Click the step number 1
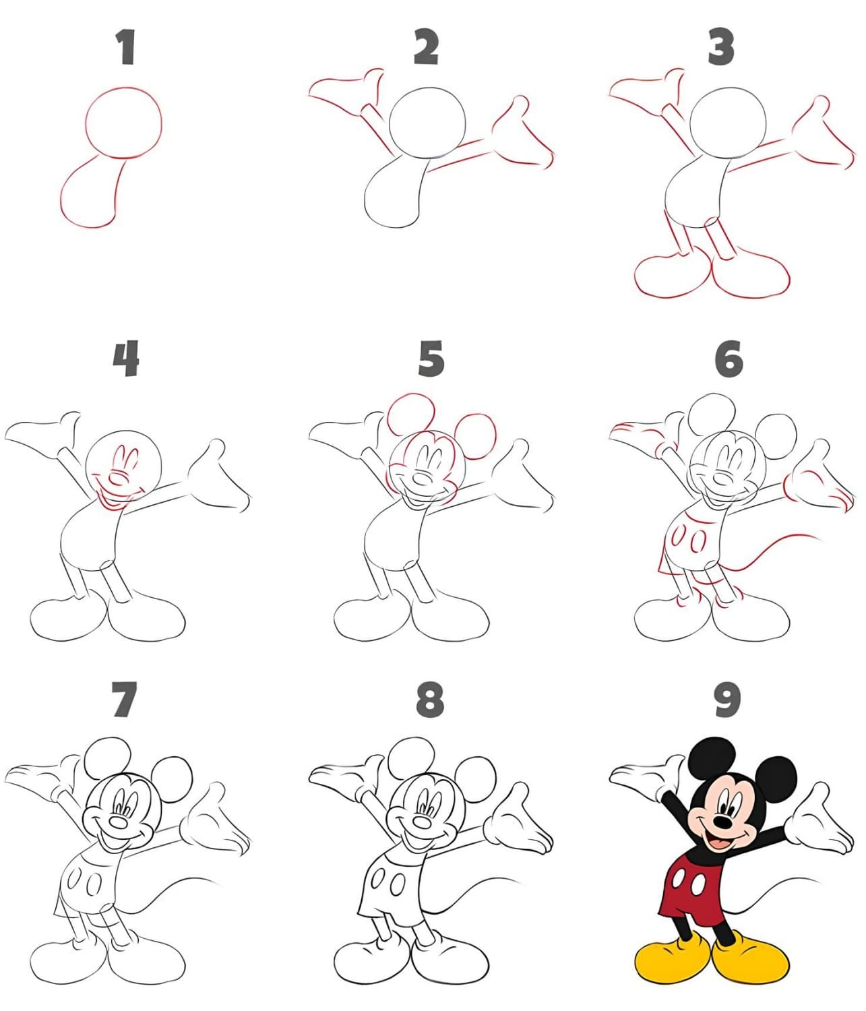pyautogui.click(x=126, y=47)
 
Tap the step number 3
pyautogui.click(x=721, y=47)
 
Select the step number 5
pyautogui.click(x=431, y=359)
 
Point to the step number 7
pyautogui.click(x=124, y=700)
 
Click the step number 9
pyautogui.click(x=727, y=700)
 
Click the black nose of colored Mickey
pyautogui.click(x=722, y=822)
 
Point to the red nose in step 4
pyautogui.click(x=117, y=477)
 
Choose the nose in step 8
pyautogui.click(x=422, y=822)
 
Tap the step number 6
pyautogui.click(x=729, y=359)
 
